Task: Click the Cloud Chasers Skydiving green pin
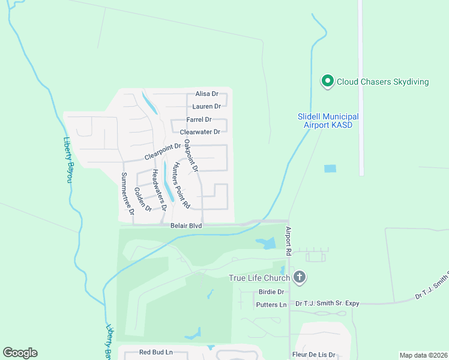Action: [x=327, y=81]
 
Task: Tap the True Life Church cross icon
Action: [x=300, y=277]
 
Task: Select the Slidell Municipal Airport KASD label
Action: [x=328, y=121]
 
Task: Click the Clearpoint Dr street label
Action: [x=162, y=151]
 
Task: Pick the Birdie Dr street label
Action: [x=271, y=292]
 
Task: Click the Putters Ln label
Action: [x=271, y=305]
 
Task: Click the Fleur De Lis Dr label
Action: [x=313, y=355]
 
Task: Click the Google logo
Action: [x=20, y=353]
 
